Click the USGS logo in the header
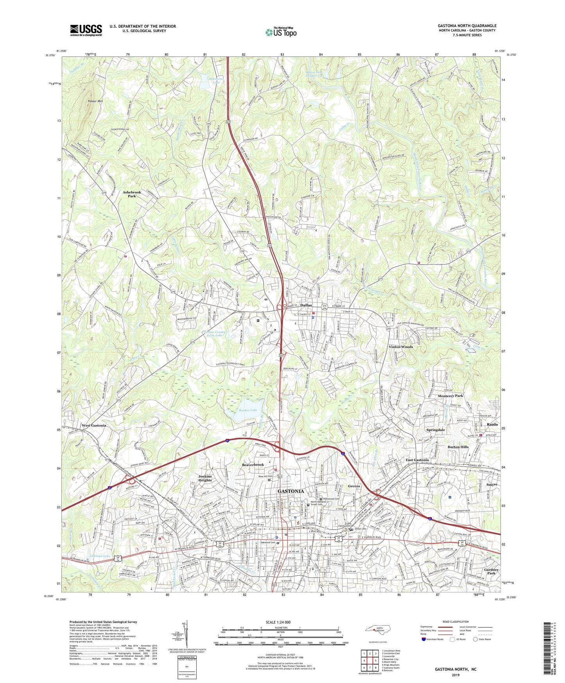pyautogui.click(x=86, y=30)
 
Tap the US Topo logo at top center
pyautogui.click(x=280, y=32)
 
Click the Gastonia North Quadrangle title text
pyautogui.click(x=467, y=26)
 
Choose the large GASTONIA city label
pyautogui.click(x=290, y=491)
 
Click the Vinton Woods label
pyautogui.click(x=400, y=347)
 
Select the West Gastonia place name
pyautogui.click(x=94, y=426)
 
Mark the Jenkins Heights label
pyautogui.click(x=205, y=478)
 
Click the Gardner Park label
pyautogui.click(x=491, y=572)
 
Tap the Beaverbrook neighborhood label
pyautogui.click(x=253, y=465)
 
